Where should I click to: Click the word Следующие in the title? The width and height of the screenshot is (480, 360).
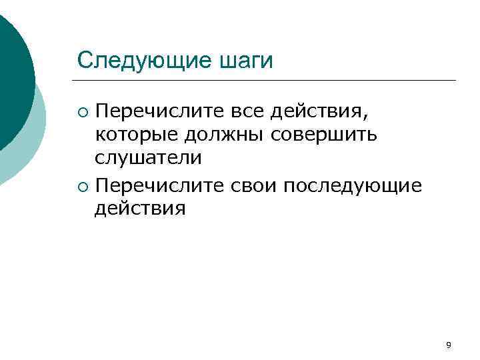click(144, 61)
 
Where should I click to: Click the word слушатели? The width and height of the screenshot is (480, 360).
click(147, 158)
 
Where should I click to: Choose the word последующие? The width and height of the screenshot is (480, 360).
click(353, 185)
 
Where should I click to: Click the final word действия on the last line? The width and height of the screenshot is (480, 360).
click(140, 209)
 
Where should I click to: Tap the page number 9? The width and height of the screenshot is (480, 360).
click(448, 345)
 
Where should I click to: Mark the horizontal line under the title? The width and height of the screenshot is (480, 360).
click(267, 81)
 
